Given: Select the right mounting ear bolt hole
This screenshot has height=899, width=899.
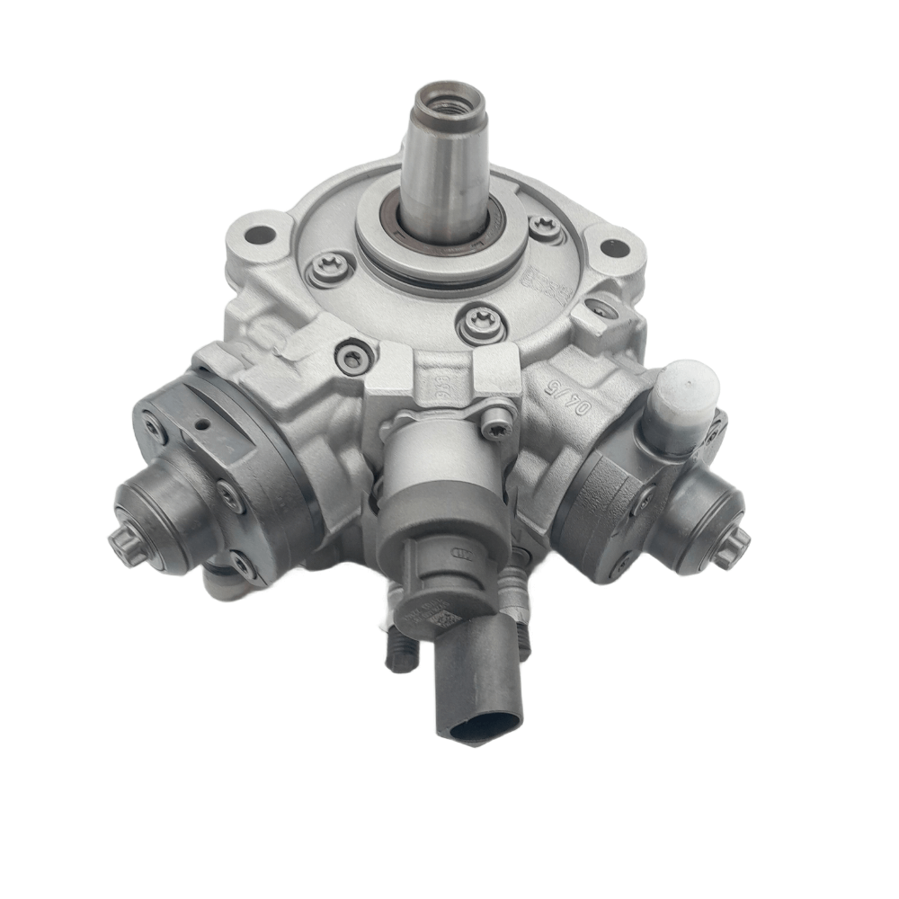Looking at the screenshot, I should click(614, 241).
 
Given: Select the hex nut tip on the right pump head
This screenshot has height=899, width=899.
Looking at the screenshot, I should click(733, 546).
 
